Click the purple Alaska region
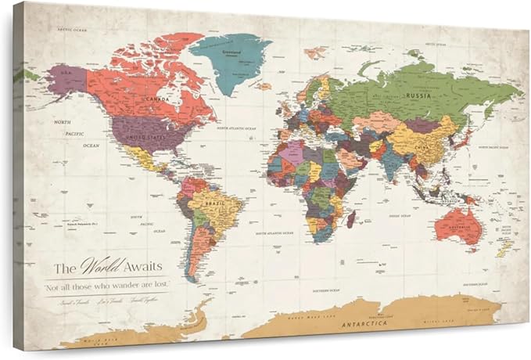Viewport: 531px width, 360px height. click(66, 80)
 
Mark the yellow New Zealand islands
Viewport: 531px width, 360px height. click(504, 249)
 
